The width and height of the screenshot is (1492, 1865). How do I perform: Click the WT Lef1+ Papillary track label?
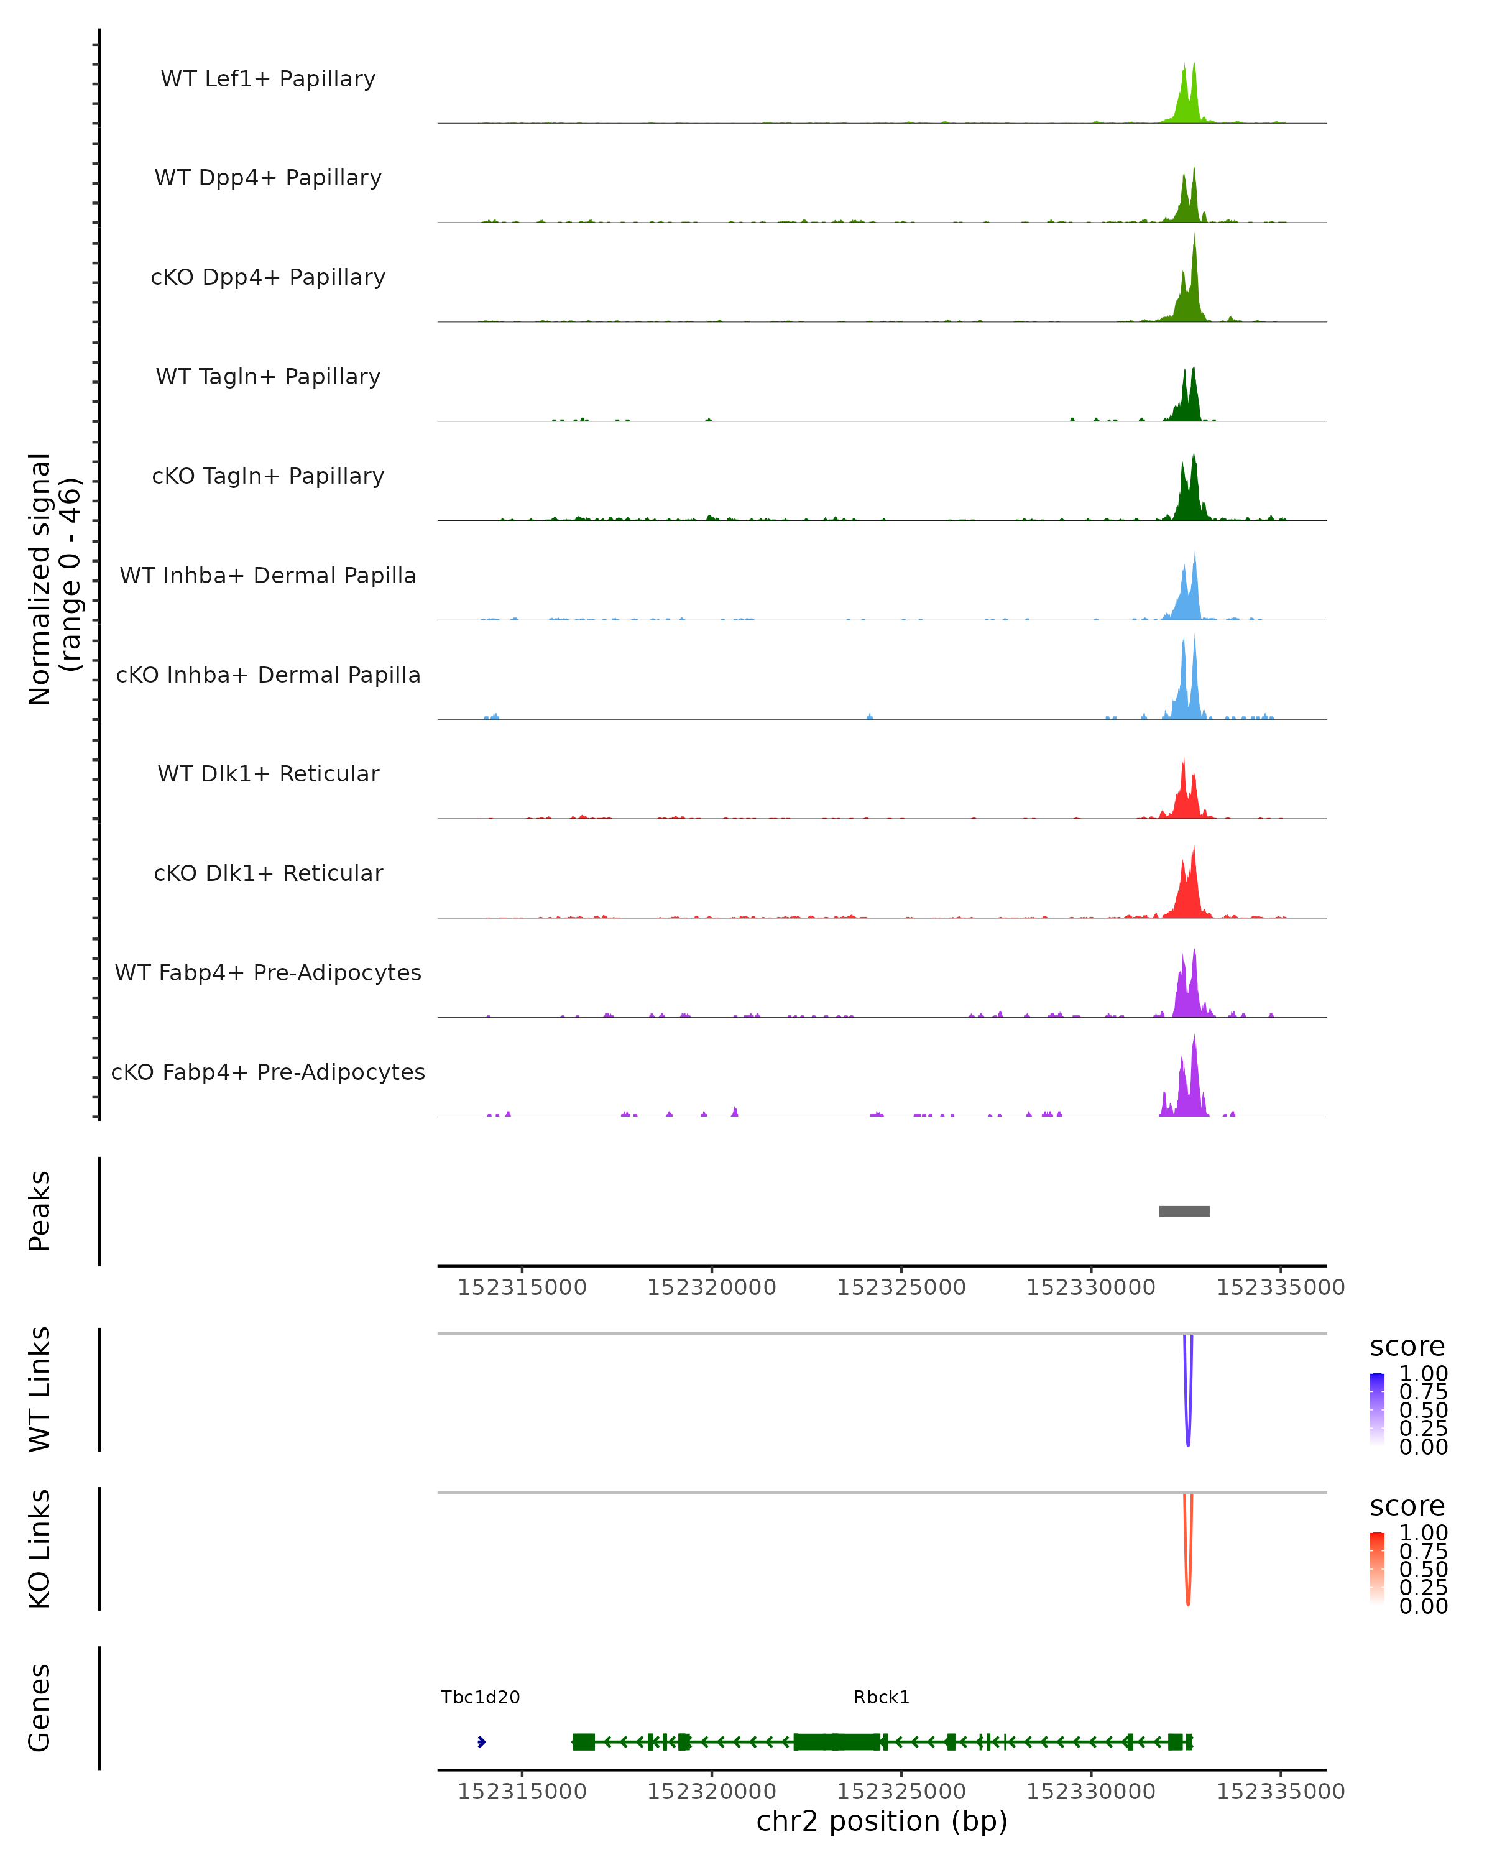click(268, 79)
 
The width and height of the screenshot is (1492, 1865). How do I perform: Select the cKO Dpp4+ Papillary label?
click(268, 278)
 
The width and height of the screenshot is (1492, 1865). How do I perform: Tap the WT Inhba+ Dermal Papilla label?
click(268, 576)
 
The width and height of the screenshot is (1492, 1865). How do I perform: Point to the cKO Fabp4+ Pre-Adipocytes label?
click(268, 1072)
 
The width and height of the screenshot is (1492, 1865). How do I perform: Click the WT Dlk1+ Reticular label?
click(268, 774)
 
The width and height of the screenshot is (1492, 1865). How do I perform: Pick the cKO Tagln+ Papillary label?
click(268, 477)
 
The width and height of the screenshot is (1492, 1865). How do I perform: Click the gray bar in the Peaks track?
click(1184, 1212)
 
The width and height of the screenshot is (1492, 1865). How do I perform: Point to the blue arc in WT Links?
click(1187, 1419)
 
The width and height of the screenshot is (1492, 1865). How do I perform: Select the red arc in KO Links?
click(1187, 1578)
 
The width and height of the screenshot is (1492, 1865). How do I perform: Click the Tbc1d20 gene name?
click(480, 1697)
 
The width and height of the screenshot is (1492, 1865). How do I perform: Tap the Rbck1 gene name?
click(882, 1697)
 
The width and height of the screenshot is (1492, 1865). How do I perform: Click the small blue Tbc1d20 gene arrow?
click(481, 1742)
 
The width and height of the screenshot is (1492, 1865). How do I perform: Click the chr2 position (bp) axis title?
click(882, 1821)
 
